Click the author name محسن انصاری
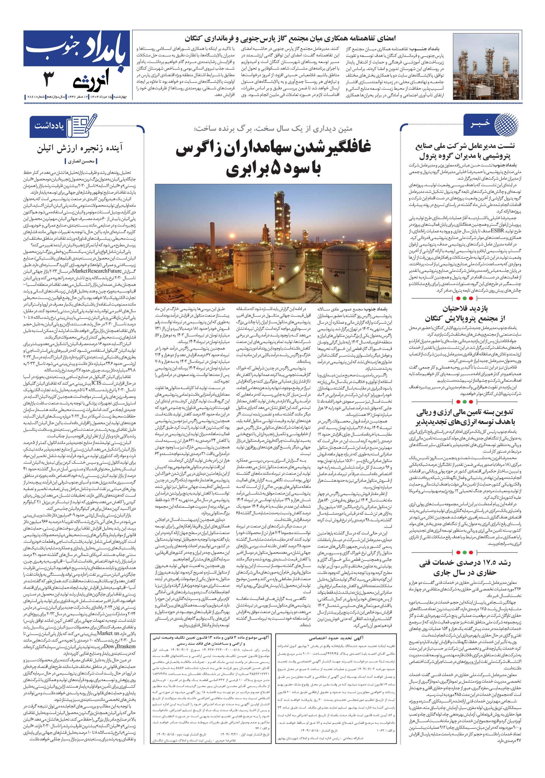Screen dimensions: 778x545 coord(82,162)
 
